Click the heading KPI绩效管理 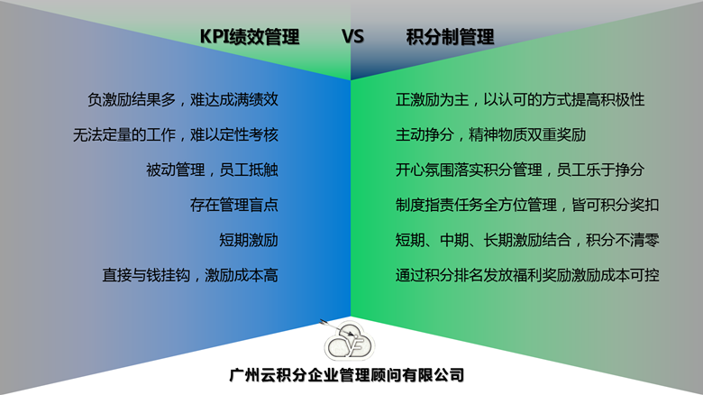click(250, 37)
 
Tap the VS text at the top click(352, 36)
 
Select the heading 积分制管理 click(450, 37)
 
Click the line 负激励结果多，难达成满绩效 click(183, 99)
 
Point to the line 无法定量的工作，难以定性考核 click(176, 134)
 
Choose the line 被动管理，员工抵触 click(212, 170)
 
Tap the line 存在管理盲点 click(234, 205)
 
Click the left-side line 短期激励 click(249, 240)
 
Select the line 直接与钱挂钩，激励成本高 click(190, 275)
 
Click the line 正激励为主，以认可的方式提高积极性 click(520, 99)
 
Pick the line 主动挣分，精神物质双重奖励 click(490, 134)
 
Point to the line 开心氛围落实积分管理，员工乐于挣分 click(520, 170)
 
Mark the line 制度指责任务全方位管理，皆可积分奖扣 click(527, 205)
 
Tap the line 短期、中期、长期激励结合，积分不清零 click(527, 240)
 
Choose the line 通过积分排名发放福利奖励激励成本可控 click(527, 275)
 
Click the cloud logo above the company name click(350, 342)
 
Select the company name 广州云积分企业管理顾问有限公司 click(347, 375)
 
